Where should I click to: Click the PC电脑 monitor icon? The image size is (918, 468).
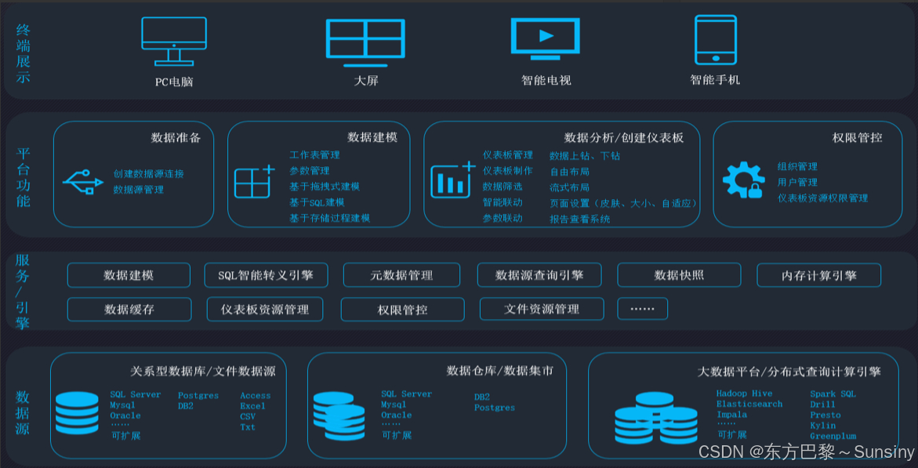click(174, 40)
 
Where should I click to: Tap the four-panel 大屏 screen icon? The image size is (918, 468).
click(365, 39)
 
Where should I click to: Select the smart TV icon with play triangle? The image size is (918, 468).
click(546, 39)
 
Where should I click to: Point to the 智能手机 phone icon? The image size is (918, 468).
click(715, 39)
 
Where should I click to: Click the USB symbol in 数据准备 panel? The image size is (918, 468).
click(83, 182)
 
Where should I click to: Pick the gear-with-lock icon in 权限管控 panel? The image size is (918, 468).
click(742, 180)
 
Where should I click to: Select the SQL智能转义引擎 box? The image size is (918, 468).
click(266, 275)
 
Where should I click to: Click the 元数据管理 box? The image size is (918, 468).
click(401, 275)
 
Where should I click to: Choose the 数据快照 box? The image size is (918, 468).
click(679, 275)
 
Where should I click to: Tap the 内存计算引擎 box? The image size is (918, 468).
click(818, 275)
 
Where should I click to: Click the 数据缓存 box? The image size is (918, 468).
click(129, 310)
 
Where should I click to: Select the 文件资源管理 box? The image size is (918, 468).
click(542, 310)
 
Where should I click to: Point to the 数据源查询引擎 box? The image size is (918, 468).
click(539, 275)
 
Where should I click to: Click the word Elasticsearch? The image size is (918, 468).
click(749, 405)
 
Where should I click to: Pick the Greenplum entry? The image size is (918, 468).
click(833, 437)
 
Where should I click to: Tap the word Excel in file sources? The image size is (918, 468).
click(252, 406)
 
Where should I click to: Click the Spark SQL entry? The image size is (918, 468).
click(833, 394)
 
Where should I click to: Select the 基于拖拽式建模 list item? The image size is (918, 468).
click(325, 187)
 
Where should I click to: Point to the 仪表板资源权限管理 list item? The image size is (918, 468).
click(822, 198)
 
